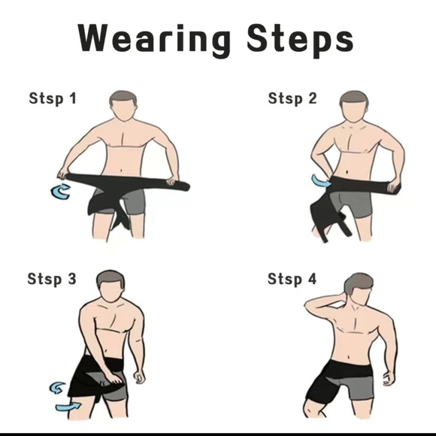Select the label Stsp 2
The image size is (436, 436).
[292, 98]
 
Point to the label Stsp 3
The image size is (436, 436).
[52, 280]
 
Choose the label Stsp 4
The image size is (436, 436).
[292, 280]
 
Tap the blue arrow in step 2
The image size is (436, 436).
[321, 181]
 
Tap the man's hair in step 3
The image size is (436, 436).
[111, 279]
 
